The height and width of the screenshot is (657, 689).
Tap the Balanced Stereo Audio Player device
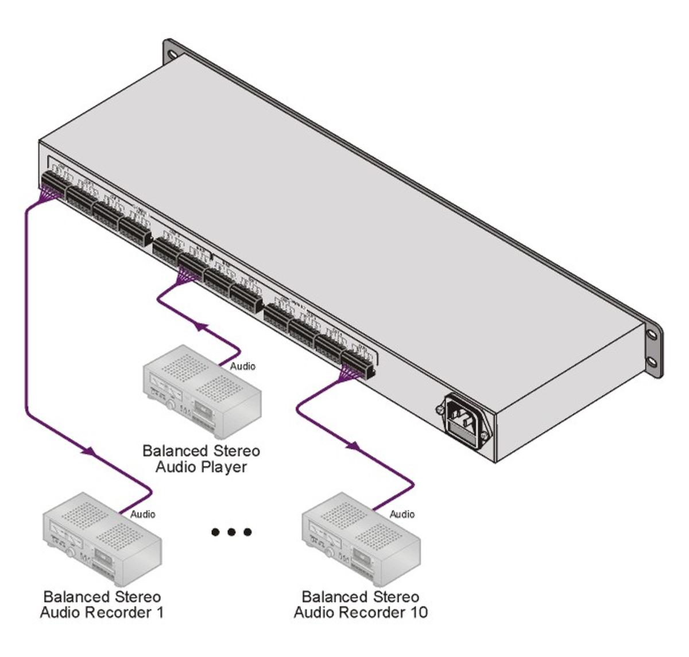[x=202, y=390]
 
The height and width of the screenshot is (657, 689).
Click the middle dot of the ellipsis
[x=231, y=532]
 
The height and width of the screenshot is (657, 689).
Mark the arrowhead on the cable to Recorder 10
[x=354, y=446]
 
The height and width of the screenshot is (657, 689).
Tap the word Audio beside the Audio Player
[x=242, y=366]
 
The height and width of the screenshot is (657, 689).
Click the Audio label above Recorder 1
[x=142, y=514]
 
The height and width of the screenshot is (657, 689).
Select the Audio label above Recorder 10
[x=402, y=514]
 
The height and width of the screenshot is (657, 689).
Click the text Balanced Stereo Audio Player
[x=201, y=459]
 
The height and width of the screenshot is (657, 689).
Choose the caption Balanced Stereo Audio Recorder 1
[x=102, y=605]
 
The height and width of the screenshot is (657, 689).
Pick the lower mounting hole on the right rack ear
[x=653, y=361]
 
